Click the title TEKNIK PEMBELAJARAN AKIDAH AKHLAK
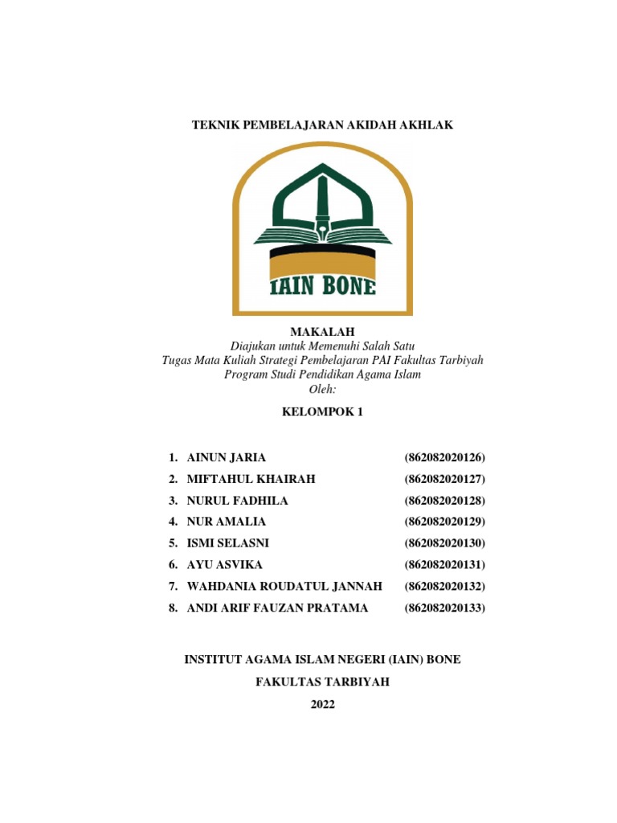tap(322, 125)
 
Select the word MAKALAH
tap(321, 332)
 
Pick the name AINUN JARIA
tap(226, 457)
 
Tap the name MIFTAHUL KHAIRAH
tap(251, 479)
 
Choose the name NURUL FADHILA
tap(237, 501)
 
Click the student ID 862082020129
tap(446, 522)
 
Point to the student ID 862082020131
tap(446, 565)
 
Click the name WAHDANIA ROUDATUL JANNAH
tap(284, 586)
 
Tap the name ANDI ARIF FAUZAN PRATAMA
tap(277, 608)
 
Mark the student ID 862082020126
tap(446, 457)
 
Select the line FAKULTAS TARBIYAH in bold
tap(322, 682)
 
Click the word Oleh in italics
tap(321, 390)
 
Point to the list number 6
tap(173, 565)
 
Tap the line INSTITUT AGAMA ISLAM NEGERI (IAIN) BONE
tap(322, 660)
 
